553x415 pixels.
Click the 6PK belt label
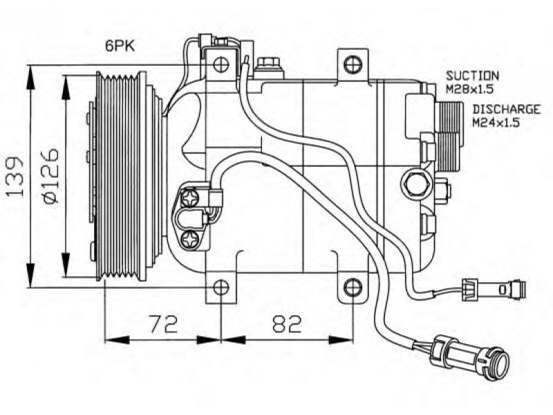[120, 46]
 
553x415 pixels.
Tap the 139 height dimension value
[15, 176]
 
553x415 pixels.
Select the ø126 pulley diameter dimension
[49, 176]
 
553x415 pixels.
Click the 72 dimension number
[163, 324]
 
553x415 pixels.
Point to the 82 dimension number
[288, 324]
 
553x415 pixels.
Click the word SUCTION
[473, 75]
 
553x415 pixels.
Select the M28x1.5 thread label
[469, 89]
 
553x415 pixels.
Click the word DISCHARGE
[507, 109]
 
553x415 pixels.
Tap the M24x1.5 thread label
[496, 123]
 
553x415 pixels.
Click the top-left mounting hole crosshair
[221, 64]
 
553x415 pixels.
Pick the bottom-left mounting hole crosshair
[221, 288]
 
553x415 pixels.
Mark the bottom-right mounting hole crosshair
[353, 288]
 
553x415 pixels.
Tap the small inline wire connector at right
[494, 290]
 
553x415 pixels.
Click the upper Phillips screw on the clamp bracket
[189, 199]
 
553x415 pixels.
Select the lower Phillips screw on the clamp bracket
[189, 240]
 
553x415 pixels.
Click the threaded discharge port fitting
[449, 136]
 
